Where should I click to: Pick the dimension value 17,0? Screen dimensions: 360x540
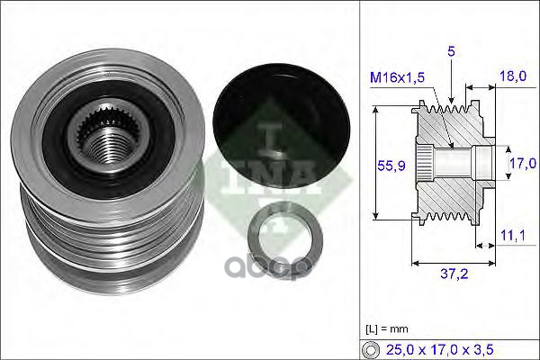(x=522, y=163)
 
